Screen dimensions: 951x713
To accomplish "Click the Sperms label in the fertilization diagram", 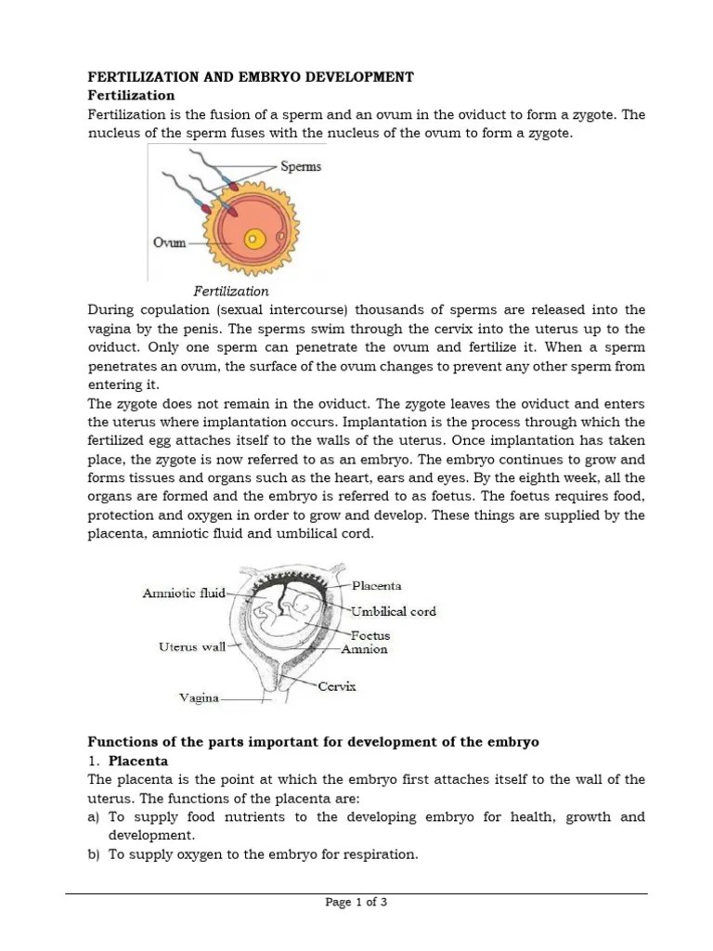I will pyautogui.click(x=301, y=167).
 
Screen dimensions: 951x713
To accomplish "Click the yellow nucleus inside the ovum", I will pyautogui.click(x=251, y=241).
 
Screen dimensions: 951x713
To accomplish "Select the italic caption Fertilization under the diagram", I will pyautogui.click(x=231, y=291).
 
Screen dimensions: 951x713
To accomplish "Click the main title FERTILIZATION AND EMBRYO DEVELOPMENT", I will pyautogui.click(x=251, y=76).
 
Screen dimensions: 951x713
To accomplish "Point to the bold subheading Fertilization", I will pyautogui.click(x=131, y=95).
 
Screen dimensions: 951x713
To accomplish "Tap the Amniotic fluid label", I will pyautogui.click(x=185, y=593).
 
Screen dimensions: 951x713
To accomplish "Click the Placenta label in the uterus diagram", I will pyautogui.click(x=377, y=586).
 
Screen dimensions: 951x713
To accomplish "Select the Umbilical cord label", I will pyautogui.click(x=394, y=611).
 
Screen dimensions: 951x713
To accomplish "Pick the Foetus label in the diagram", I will pyautogui.click(x=370, y=635).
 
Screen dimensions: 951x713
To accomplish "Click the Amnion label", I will pyautogui.click(x=365, y=649).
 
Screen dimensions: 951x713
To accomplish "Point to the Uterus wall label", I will pyautogui.click(x=192, y=647).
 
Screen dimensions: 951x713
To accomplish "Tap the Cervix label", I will pyautogui.click(x=337, y=686).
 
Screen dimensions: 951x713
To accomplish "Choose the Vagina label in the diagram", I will pyautogui.click(x=199, y=697).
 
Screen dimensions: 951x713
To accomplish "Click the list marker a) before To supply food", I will pyautogui.click(x=94, y=817).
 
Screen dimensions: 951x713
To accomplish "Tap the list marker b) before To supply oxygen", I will pyautogui.click(x=94, y=854).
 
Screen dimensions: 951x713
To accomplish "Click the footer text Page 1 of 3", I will pyautogui.click(x=356, y=902).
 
